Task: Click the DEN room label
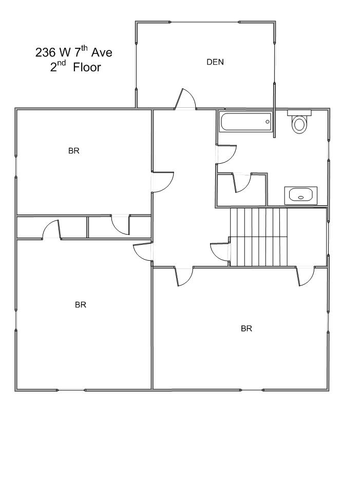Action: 215,62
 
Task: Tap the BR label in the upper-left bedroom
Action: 74,150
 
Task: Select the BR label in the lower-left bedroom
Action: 81,305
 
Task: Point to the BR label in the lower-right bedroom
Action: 247,328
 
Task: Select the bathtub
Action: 245,122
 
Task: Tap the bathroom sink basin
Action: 301,195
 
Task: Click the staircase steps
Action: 259,237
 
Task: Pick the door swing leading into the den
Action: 185,99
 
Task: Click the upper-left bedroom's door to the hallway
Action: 163,182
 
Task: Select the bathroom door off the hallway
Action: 226,154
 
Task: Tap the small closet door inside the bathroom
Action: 242,183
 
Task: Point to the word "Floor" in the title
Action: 87,67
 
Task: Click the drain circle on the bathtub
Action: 268,122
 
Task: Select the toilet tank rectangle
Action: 299,112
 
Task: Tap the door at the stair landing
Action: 220,253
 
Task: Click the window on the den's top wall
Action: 205,22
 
